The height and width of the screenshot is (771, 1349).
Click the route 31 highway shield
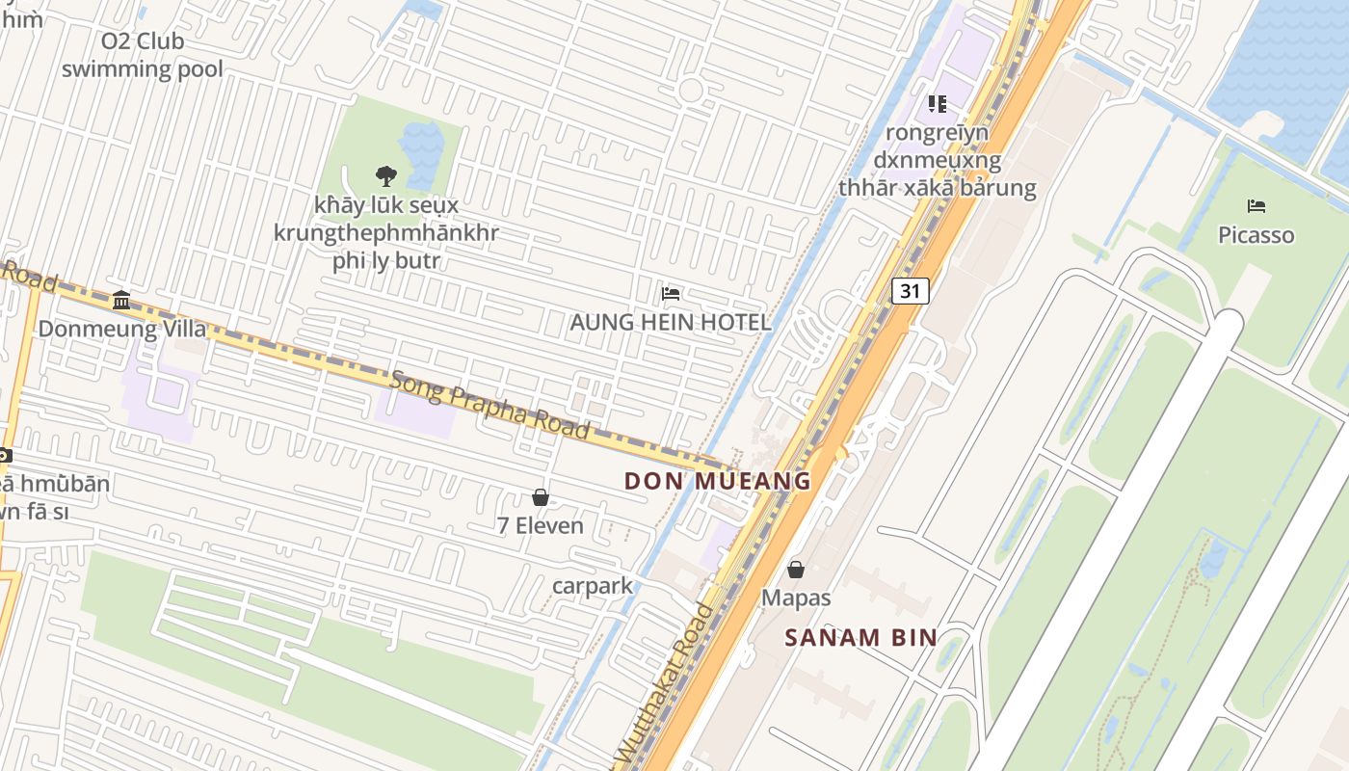point(910,290)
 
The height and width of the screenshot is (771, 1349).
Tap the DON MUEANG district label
point(717,480)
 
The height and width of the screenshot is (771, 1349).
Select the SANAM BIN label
point(860,637)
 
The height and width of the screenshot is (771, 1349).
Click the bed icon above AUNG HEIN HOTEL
point(671,293)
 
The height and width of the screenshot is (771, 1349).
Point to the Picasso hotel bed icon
point(1256,206)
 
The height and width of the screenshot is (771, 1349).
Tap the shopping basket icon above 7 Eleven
point(541,497)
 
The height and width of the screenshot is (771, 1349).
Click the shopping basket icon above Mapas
point(796,570)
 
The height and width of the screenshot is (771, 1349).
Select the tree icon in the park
point(385,175)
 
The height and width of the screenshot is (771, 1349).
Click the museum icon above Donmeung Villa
point(121,300)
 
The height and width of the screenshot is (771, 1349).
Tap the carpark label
point(593,585)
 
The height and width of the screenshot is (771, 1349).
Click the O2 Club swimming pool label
point(143,55)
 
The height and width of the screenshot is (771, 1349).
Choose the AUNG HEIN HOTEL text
point(671,322)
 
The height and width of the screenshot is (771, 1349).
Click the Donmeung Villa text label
point(121,329)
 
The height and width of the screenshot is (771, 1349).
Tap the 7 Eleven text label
point(541,525)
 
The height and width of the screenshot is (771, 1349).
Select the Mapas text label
point(796,598)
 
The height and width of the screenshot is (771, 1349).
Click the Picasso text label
point(1256,235)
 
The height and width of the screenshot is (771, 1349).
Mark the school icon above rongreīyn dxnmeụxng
point(937,104)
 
